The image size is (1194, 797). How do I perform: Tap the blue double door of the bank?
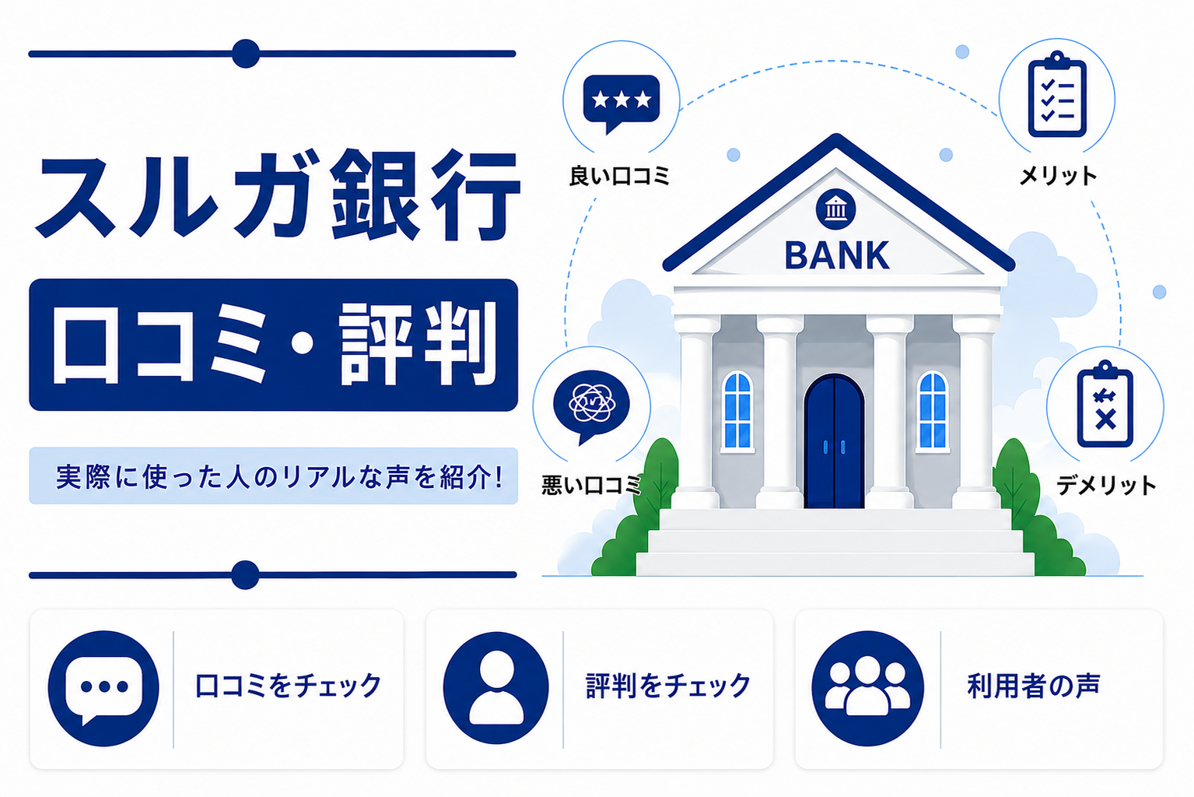834,442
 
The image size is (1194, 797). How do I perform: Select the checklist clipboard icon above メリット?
1057,94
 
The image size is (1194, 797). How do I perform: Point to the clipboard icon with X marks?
1105,405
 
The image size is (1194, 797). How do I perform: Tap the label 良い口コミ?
620,176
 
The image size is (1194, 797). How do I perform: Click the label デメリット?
1106,486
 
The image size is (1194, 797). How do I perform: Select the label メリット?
1058,175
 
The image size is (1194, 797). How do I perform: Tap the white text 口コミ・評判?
275,344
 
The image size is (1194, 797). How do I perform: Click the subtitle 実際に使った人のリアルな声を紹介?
279,476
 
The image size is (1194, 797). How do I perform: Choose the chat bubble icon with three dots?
103,688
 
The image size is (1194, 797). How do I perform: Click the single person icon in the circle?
495,688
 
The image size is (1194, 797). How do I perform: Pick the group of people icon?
868,688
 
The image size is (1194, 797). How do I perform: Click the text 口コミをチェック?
289,686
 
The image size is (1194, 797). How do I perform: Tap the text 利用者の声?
1034,686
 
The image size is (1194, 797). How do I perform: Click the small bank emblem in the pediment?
835,209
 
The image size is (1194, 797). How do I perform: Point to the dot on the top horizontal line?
246,54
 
